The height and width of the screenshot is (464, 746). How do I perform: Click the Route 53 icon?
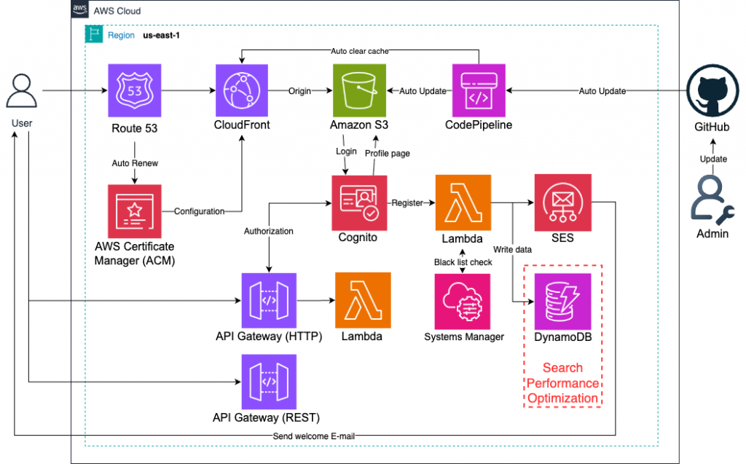point(135,91)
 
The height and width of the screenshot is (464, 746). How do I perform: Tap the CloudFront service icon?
point(243,91)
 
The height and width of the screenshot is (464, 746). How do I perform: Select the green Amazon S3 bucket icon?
point(359,91)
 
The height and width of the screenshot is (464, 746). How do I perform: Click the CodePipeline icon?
point(479,91)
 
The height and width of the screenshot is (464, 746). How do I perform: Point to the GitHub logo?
point(713,92)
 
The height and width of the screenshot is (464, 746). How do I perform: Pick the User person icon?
point(23,92)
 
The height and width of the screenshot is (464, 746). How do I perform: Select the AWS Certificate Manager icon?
point(135,211)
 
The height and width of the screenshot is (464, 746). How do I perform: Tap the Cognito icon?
point(359,202)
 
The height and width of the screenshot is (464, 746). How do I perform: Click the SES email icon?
point(561,202)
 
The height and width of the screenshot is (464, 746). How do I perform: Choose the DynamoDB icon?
point(562,301)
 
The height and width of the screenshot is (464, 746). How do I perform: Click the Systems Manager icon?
point(463,301)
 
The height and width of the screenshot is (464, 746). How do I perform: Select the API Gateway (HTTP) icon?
point(269,301)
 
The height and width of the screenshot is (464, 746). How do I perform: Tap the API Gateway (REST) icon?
point(269,382)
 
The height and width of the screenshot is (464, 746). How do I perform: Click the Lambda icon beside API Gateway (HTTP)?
point(363,301)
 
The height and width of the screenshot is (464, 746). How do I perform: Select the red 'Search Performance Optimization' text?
point(563,383)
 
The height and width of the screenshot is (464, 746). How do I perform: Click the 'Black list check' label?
point(463,262)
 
